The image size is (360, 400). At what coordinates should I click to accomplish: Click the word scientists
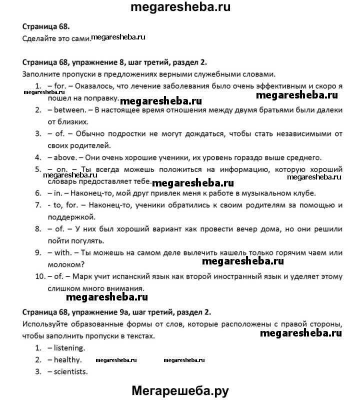click(x=70, y=371)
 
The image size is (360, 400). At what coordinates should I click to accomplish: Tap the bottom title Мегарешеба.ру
click(x=179, y=389)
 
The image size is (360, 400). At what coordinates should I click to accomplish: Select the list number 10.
click(x=40, y=276)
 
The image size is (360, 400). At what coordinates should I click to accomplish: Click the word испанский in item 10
click(x=132, y=276)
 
